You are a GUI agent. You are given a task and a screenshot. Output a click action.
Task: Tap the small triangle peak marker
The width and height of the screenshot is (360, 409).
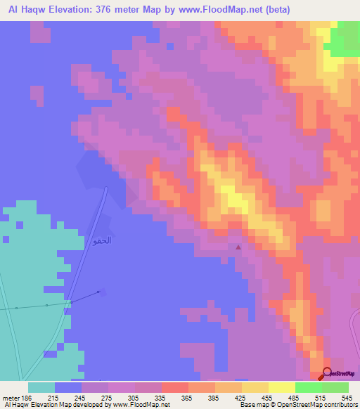click(x=238, y=247)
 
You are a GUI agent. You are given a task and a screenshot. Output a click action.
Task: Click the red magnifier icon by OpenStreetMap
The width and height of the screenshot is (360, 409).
click(x=326, y=374)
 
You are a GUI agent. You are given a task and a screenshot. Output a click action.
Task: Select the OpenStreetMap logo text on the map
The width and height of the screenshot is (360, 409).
click(x=344, y=375)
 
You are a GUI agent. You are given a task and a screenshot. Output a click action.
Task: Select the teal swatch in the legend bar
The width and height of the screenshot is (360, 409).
click(x=41, y=387)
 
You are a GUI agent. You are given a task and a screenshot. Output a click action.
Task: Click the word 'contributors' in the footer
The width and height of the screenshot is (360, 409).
click(x=339, y=405)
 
